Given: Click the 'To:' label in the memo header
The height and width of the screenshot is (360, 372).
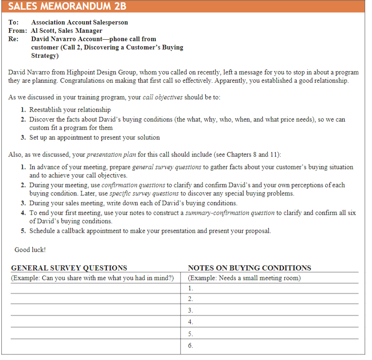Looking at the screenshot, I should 14,22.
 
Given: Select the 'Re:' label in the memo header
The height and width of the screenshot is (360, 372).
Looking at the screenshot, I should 14,39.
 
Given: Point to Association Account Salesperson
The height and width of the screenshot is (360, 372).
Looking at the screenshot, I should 80,22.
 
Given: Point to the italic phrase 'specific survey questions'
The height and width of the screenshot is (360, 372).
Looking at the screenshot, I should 144,193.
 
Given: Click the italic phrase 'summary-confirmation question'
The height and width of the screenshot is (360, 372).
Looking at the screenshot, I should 230,213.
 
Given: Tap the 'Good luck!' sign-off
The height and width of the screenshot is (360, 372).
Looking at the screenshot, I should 30,250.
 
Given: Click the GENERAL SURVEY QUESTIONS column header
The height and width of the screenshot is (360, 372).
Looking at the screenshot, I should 69,268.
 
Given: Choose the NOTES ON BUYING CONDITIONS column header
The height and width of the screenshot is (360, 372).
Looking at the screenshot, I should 249,268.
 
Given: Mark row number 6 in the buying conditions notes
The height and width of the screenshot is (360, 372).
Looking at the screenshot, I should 191,345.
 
